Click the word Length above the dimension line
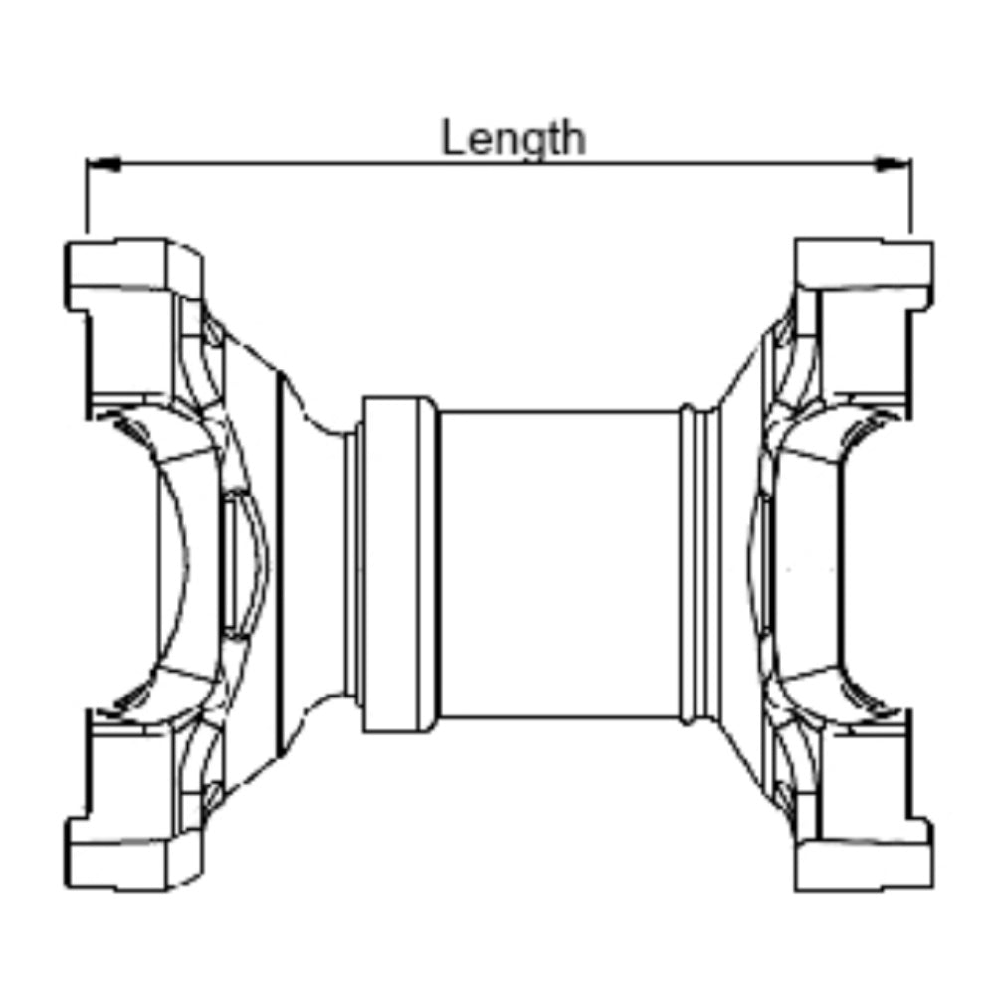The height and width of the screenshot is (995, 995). pos(512,139)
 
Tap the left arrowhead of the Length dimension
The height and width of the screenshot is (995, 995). pos(102,164)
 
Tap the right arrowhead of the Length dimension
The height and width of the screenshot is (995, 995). pos(894,164)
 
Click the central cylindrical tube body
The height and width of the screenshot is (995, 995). pos(559,565)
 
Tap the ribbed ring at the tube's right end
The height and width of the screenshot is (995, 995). pos(700,564)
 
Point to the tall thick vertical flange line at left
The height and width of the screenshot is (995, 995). pos(279,564)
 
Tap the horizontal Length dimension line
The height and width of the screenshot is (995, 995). pos(498,164)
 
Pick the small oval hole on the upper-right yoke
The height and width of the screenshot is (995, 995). pos(784,332)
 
